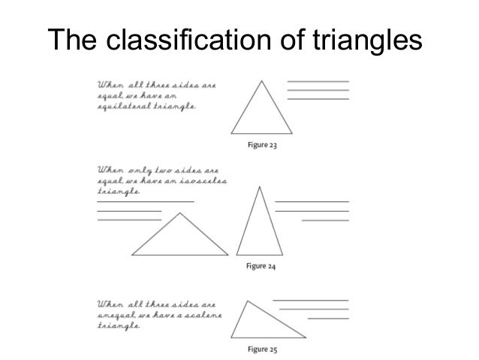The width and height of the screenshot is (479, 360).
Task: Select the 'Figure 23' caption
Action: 262,145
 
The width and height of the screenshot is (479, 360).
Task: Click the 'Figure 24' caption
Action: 262,265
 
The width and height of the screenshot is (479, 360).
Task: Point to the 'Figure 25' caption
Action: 262,349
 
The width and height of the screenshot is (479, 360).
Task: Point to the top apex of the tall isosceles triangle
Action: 260,186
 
